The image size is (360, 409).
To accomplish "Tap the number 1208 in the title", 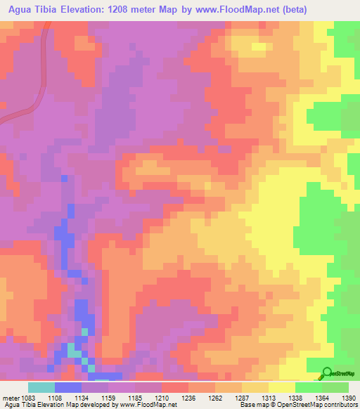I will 156,9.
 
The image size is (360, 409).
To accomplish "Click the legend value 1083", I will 27,398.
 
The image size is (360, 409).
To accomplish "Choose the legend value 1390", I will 349,398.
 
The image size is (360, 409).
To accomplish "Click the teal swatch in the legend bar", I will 41,387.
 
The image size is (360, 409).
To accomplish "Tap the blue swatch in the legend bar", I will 67,387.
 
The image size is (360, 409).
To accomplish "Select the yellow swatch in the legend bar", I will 281,387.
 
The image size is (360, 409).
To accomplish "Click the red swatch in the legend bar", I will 174,387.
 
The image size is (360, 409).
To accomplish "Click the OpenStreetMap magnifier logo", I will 328,372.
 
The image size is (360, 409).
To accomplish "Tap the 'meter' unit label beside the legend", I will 10,398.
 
